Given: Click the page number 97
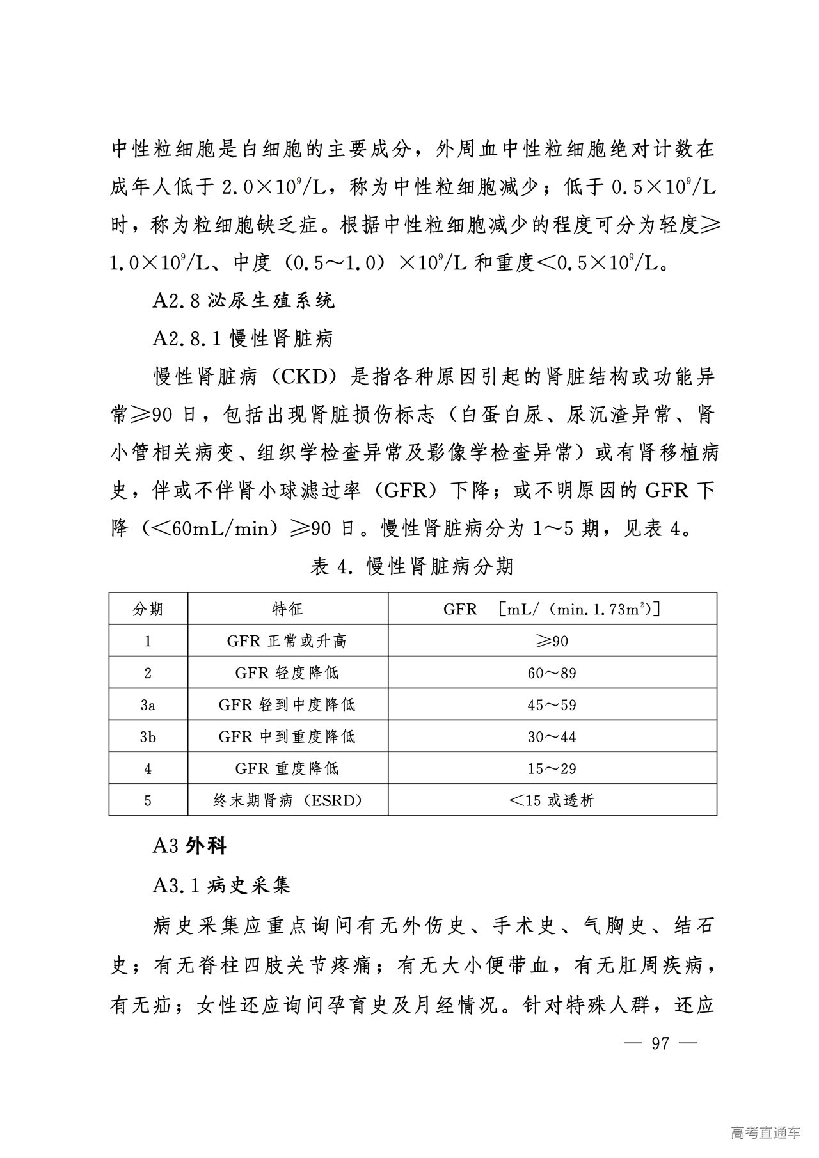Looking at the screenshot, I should pyautogui.click(x=660, y=1043).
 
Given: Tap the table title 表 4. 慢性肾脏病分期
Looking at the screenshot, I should pyautogui.click(x=411, y=566).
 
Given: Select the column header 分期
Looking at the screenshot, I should pyautogui.click(x=148, y=608).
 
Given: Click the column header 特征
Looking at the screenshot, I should pyautogui.click(x=287, y=608).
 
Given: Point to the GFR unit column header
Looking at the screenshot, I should pyautogui.click(x=552, y=608).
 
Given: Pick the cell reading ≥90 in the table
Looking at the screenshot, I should pyautogui.click(x=552, y=640).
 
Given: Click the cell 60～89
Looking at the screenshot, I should pyautogui.click(x=552, y=672).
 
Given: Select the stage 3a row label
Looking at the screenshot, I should pyautogui.click(x=148, y=704).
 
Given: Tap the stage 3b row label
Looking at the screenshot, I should pyautogui.click(x=148, y=736).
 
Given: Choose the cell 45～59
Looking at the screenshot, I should pyautogui.click(x=552, y=704).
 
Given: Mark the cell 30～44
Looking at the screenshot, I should pyautogui.click(x=552, y=736).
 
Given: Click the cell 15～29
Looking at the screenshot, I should pyautogui.click(x=552, y=768).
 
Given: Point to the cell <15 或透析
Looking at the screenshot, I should pyautogui.click(x=552, y=800).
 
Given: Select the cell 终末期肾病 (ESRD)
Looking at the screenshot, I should pyautogui.click(x=287, y=800).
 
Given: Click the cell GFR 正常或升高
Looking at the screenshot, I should pyautogui.click(x=287, y=640).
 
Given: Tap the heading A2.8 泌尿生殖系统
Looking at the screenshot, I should pyautogui.click(x=243, y=301).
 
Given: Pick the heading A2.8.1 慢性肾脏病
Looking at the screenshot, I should pyautogui.click(x=243, y=338).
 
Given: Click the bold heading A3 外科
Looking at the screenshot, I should pyautogui.click(x=189, y=846).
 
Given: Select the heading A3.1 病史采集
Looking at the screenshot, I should pyautogui.click(x=221, y=885).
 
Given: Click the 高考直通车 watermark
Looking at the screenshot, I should pyautogui.click(x=765, y=1132).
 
